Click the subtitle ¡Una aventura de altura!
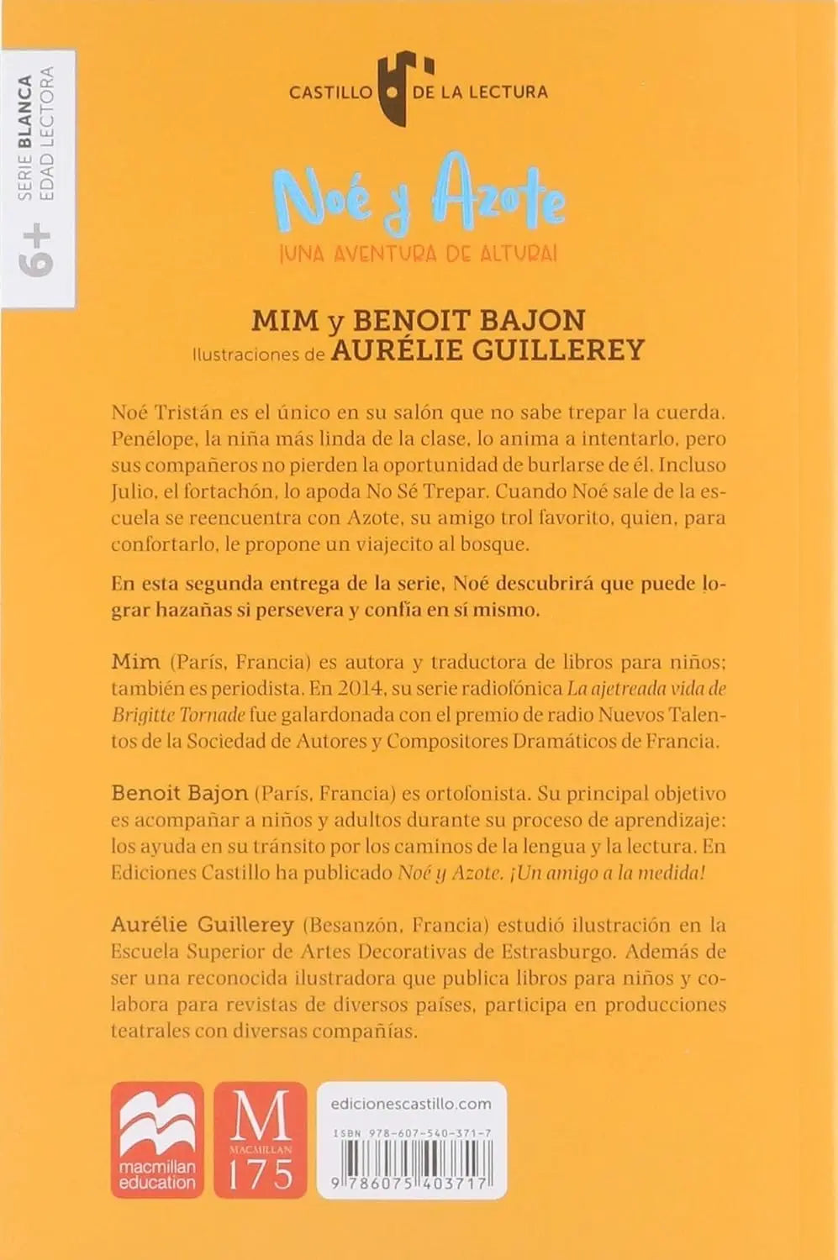coord(418,253)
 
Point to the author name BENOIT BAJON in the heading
coord(469,320)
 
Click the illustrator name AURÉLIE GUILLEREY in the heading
coord(488,350)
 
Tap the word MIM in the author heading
coord(286,320)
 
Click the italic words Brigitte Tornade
coord(178,715)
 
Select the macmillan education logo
coord(157,1139)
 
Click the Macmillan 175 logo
coord(261,1139)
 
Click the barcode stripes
coord(412,1163)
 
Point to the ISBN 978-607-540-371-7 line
coord(412,1133)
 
